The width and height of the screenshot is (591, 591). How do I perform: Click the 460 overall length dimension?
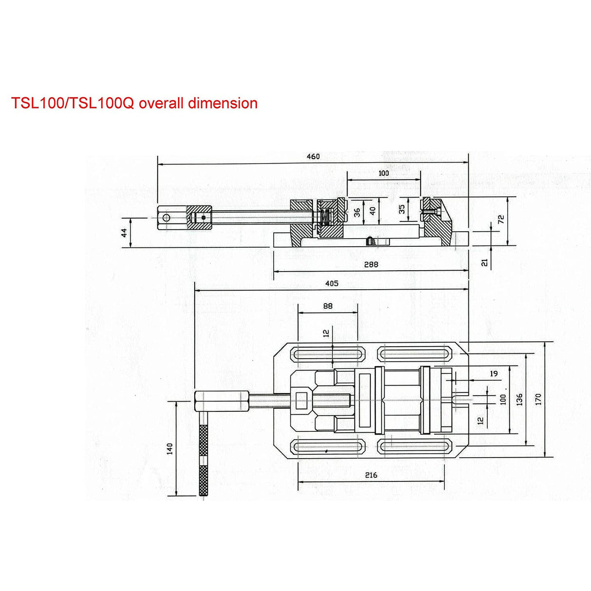click(313, 157)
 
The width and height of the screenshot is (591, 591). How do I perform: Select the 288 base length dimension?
click(371, 265)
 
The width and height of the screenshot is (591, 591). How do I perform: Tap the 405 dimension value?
click(332, 283)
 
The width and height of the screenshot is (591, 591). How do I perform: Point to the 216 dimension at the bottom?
click(371, 475)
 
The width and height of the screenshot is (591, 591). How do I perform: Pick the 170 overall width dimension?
click(538, 400)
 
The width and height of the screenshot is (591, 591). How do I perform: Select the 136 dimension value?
click(519, 400)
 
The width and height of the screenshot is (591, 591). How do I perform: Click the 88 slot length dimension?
click(328, 306)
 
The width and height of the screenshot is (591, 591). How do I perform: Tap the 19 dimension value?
click(494, 374)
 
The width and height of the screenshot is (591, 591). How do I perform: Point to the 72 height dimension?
click(501, 220)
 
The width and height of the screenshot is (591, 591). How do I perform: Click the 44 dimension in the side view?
click(124, 233)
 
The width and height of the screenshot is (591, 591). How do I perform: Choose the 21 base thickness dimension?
click(484, 262)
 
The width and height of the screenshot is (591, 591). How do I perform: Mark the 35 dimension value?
click(402, 209)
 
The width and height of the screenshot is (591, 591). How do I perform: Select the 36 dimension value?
click(357, 212)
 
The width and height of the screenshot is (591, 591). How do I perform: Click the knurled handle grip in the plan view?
click(203, 461)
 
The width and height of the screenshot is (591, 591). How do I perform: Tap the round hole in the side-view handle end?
click(166, 217)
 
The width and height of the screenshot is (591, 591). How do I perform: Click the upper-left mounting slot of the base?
click(328, 354)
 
